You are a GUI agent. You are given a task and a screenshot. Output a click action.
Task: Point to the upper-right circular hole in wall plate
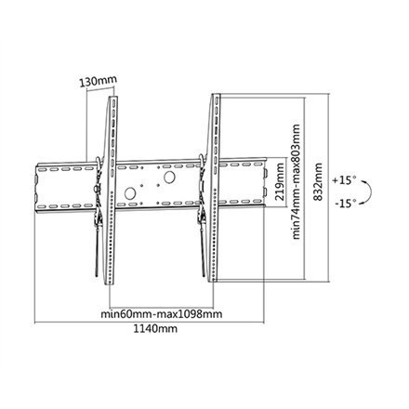coord(169,177)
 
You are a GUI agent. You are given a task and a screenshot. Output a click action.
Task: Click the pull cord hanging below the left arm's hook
coord(94,260)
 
